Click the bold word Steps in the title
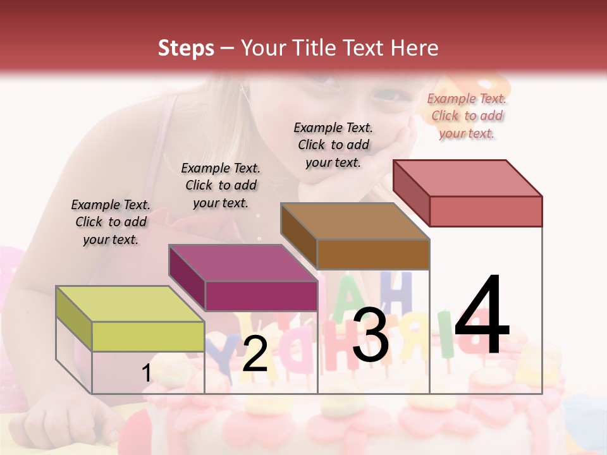pos(186,48)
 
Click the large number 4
pos(482,316)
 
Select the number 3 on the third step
pos(371,335)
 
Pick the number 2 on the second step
pos(255,354)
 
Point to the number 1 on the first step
pos(147,373)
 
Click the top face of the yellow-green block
pos(130,304)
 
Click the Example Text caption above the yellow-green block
pos(111,222)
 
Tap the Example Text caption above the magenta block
pos(221,185)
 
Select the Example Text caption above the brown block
pos(333,145)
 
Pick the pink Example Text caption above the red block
pos(467,116)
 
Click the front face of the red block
pos(486,211)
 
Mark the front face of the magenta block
pos(261,296)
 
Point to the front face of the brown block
pos(373,254)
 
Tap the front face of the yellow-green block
pos(148,336)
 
